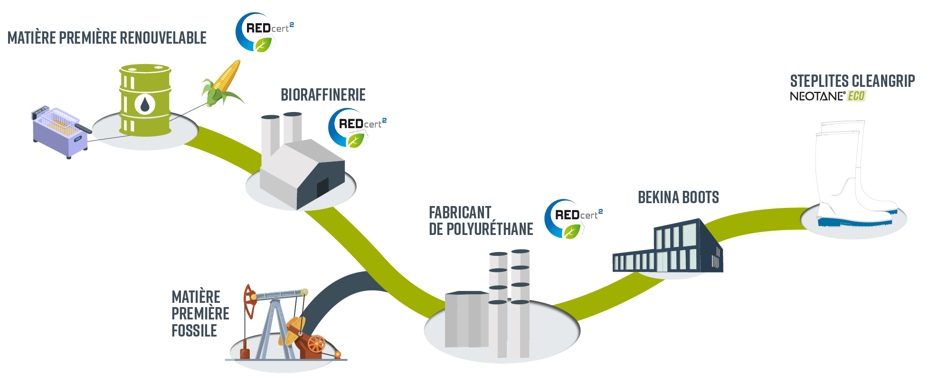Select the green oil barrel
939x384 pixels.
click(145, 101)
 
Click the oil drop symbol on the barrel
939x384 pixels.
click(145, 104)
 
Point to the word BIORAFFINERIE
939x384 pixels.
click(323, 95)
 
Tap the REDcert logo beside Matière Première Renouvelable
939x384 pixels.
click(263, 32)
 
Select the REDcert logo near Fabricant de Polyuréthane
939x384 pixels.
click(572, 219)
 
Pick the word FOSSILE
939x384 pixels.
click(194, 330)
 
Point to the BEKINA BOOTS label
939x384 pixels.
click(678, 197)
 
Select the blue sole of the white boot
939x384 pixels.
click(855, 221)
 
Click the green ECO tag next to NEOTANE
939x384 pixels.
click(856, 96)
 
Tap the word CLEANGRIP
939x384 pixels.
click(883, 81)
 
